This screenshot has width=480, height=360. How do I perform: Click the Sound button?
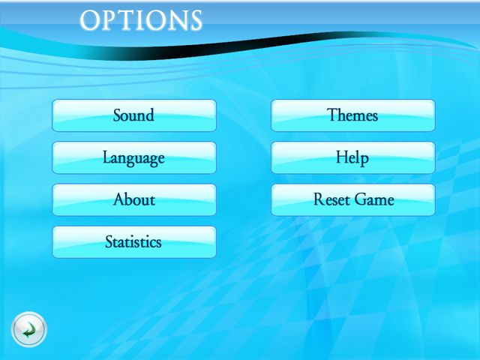coord(134,115)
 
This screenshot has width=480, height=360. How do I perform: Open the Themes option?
coord(353,115)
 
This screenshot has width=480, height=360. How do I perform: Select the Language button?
coord(134,157)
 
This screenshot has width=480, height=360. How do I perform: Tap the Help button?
coord(353,157)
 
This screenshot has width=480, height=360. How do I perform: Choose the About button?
coord(134,200)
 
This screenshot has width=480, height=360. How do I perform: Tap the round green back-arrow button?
coord(29,329)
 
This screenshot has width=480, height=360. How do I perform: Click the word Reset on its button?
coord(332,199)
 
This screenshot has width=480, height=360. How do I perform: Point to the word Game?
coord(375,199)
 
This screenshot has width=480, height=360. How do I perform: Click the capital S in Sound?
coord(118,115)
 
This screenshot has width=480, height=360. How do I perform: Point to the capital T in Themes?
coord(332,115)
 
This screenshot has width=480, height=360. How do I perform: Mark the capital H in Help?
coord(342,157)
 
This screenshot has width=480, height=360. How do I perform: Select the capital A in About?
coord(119,199)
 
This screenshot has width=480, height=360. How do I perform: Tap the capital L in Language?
coord(106,157)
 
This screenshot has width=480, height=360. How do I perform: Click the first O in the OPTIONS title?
coord(89,20)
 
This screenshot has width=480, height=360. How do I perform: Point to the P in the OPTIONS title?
coord(110,20)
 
